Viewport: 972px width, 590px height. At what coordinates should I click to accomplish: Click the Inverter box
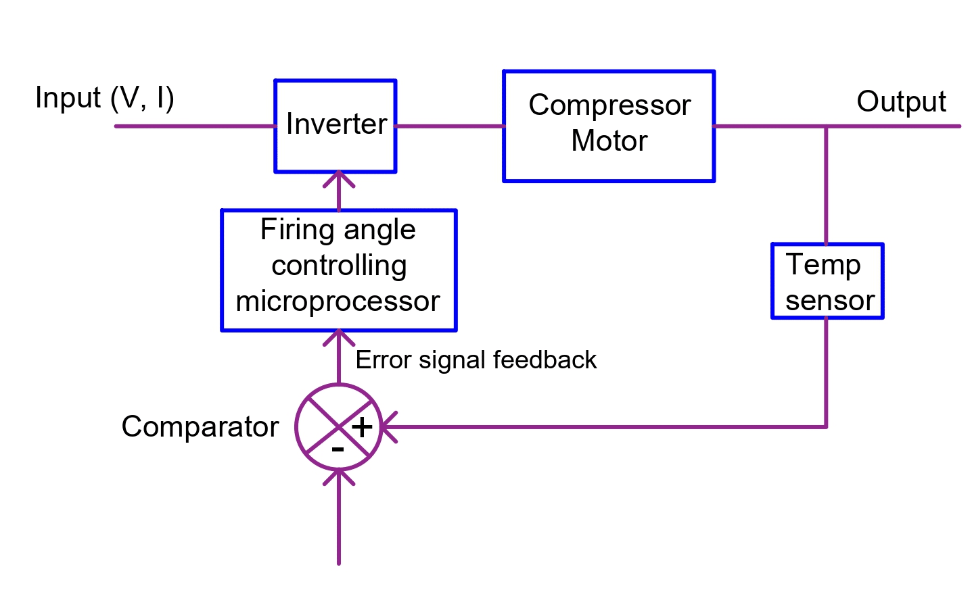coord(335,126)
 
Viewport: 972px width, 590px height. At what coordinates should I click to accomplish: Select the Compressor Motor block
coord(609,126)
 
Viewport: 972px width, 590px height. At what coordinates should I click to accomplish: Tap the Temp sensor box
coord(827,281)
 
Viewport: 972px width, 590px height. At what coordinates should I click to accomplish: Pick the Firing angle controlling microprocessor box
coord(339,270)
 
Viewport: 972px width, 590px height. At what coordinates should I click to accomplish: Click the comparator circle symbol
coord(338,427)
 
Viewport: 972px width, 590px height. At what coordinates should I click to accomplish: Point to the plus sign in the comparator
coord(362,427)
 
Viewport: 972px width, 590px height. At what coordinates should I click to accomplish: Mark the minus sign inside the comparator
coord(338,449)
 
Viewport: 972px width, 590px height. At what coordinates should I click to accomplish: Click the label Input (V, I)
coord(105,98)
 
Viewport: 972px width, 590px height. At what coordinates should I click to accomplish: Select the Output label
coord(901,101)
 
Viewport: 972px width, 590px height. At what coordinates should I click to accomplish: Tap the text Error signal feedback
coord(476,360)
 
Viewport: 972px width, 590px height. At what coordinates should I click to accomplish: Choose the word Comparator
coord(200,427)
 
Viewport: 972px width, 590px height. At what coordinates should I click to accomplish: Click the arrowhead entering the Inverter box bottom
coord(339,178)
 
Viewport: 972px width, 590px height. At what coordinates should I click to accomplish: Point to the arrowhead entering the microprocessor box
coord(339,337)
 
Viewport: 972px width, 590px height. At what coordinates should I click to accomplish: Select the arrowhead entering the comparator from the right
coord(388,427)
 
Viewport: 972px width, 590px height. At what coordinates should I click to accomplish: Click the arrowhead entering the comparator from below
coord(339,476)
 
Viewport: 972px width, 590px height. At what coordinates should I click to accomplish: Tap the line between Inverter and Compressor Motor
coord(449,126)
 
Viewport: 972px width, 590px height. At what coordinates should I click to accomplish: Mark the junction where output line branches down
coord(826,126)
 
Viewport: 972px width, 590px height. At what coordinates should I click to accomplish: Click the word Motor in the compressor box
coord(609,141)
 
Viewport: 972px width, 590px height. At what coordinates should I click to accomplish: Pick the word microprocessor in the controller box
coord(338,301)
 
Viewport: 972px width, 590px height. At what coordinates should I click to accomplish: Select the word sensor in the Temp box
coord(830,301)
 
